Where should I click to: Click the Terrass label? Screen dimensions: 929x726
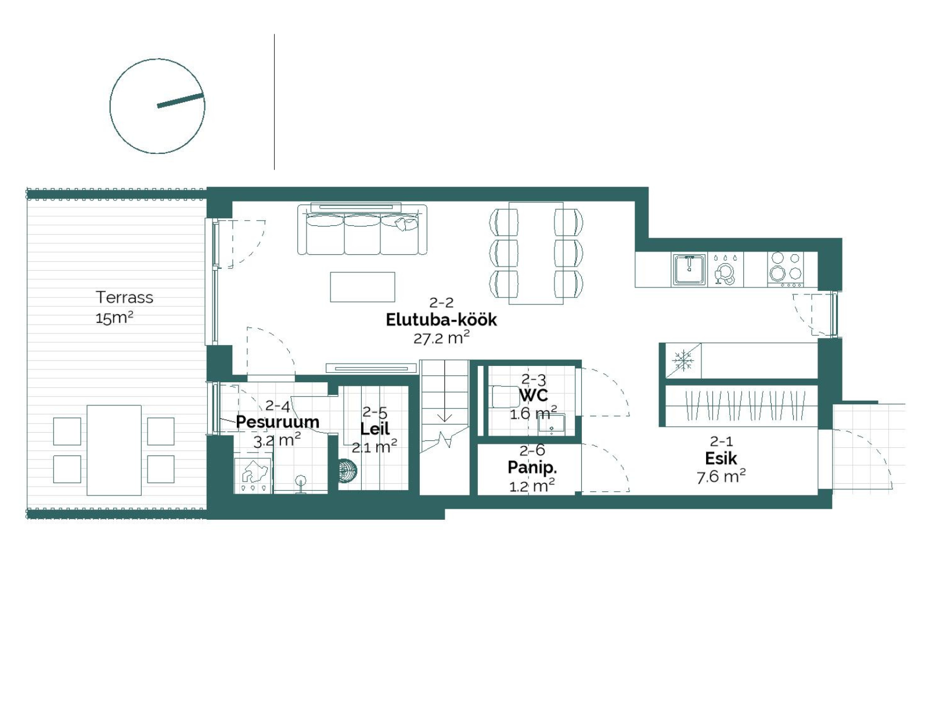point(124,297)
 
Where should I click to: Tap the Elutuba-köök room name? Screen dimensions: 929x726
point(441,320)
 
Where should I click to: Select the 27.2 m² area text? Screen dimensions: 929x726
point(441,338)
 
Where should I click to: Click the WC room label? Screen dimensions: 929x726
point(534,396)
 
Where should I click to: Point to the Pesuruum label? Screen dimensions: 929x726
point(278,422)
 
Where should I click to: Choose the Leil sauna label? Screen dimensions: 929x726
point(375,429)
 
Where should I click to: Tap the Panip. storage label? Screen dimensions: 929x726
point(532,468)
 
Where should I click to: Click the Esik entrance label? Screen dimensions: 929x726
point(721,459)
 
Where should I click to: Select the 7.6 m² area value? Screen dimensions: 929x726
point(721,476)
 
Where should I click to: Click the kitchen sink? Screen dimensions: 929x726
point(689,269)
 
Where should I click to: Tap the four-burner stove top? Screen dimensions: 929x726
point(786,269)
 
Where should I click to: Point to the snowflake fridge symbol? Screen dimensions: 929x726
point(683,361)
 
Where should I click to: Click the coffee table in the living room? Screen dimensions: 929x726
point(362,287)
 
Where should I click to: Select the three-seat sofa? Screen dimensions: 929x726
point(362,229)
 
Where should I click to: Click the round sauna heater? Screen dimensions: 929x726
point(347,471)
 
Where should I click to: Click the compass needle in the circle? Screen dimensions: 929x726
point(180,100)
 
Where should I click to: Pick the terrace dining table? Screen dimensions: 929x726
point(114,450)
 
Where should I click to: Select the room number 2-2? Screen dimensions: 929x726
point(441,303)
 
